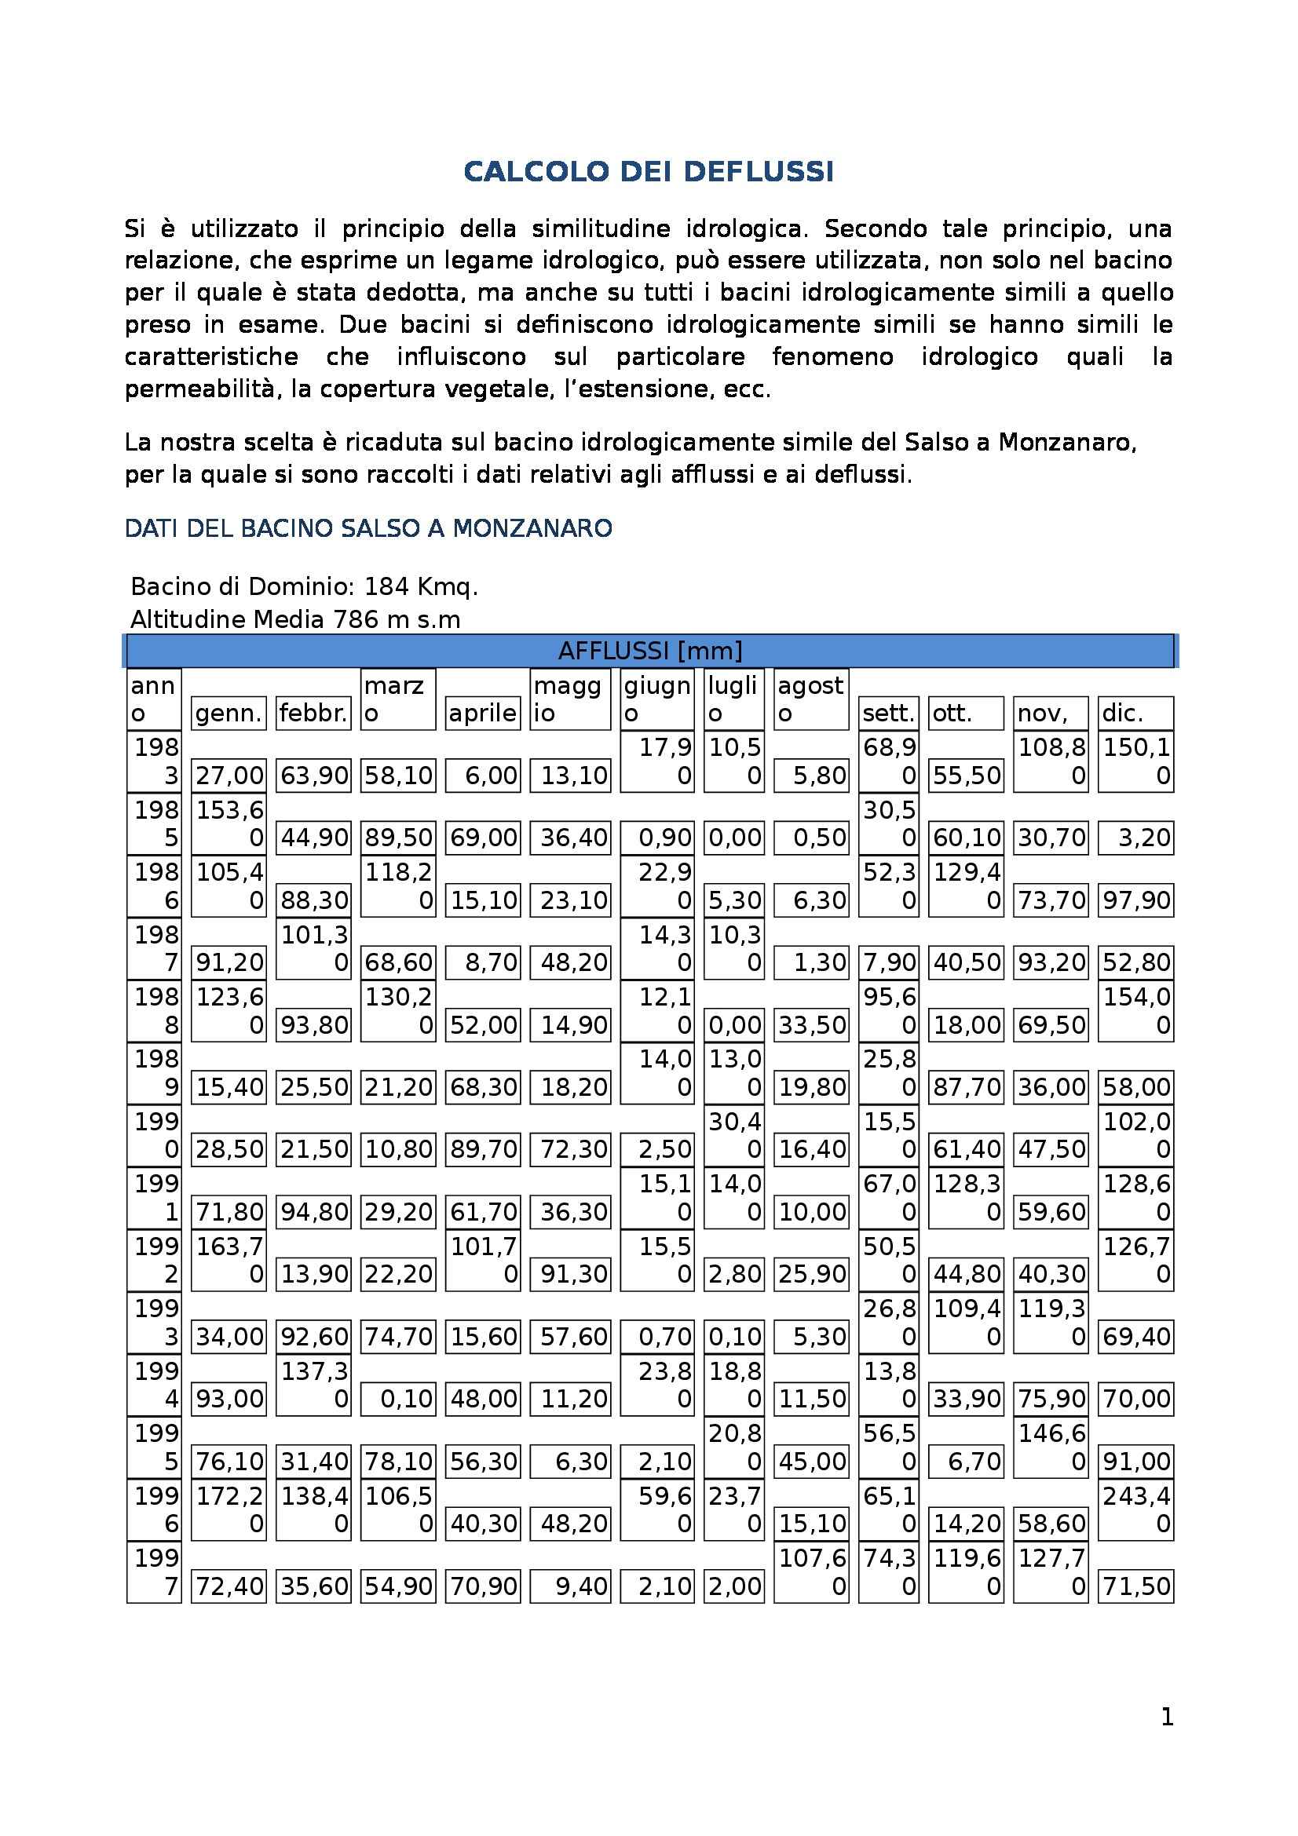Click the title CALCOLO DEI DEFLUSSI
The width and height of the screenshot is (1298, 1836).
coord(649,172)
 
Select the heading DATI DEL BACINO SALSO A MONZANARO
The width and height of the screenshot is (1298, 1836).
coord(369,528)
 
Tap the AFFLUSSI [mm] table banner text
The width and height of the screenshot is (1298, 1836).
coord(649,651)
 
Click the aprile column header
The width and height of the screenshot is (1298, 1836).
coord(482,713)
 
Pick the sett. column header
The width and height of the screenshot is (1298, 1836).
coord(888,713)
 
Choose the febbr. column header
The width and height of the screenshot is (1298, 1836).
coord(313,713)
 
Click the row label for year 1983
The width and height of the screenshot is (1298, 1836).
coord(155,761)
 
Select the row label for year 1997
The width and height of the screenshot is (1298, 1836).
coord(155,1572)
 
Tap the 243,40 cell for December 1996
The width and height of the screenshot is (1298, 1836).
coord(1135,1509)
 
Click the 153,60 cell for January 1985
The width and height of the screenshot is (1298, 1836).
coord(229,823)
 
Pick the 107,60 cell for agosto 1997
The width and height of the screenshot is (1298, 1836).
coord(811,1572)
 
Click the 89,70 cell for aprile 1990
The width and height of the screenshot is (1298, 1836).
coord(482,1150)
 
